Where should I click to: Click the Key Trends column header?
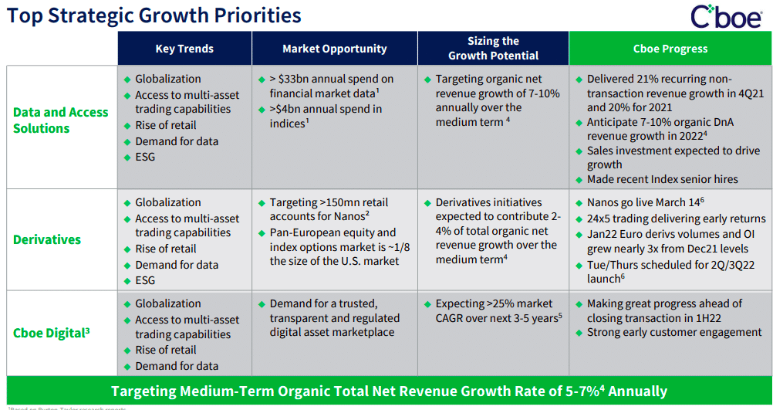[x=184, y=49]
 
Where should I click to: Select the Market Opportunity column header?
[x=334, y=49]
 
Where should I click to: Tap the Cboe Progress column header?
[x=670, y=49]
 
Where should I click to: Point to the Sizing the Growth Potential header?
[x=493, y=48]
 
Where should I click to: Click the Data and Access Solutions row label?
[x=61, y=120]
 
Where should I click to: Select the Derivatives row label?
[x=47, y=239]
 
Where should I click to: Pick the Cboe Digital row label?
[x=52, y=333]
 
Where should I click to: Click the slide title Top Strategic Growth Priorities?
[x=154, y=15]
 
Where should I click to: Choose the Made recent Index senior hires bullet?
[x=662, y=179]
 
